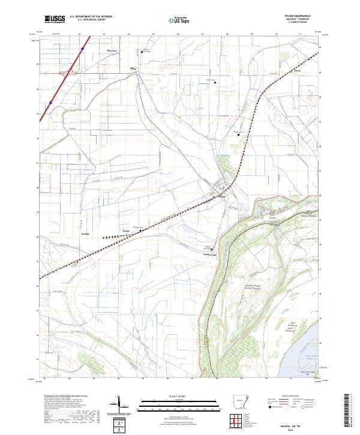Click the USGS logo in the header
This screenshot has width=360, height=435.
tap(56, 19)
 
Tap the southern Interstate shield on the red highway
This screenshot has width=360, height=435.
tap(51, 103)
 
